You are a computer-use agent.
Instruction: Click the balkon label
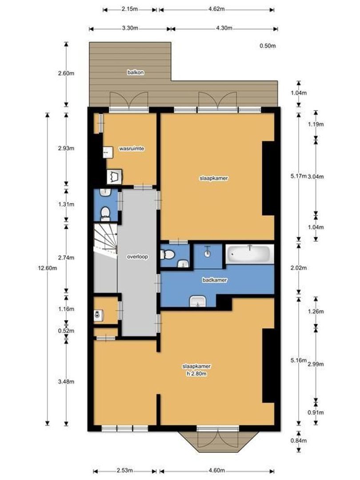[x=136, y=72]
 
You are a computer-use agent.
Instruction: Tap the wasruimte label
[x=132, y=149]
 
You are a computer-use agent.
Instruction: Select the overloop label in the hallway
[x=137, y=257]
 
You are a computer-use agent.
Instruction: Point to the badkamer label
[x=215, y=280]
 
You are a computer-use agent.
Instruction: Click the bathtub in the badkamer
[x=249, y=254]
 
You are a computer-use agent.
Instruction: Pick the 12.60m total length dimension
[x=47, y=268]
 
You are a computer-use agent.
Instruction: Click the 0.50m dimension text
[x=268, y=46]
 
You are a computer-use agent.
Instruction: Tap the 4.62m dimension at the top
[x=216, y=9]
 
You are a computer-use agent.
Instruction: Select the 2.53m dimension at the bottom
[x=124, y=471]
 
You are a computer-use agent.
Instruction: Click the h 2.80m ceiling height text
[x=196, y=374]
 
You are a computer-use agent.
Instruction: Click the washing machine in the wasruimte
[x=115, y=176]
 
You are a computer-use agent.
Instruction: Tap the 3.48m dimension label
[x=66, y=382]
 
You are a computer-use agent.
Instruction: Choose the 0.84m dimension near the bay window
[x=299, y=441]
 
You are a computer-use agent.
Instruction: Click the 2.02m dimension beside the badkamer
[x=299, y=268]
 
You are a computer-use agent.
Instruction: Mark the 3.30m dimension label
[x=130, y=28]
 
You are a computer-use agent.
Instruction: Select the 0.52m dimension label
[x=66, y=331]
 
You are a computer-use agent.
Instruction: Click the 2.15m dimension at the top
[x=129, y=9]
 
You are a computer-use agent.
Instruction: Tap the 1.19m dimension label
[x=316, y=124]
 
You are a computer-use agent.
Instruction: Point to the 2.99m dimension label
[x=316, y=364]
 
